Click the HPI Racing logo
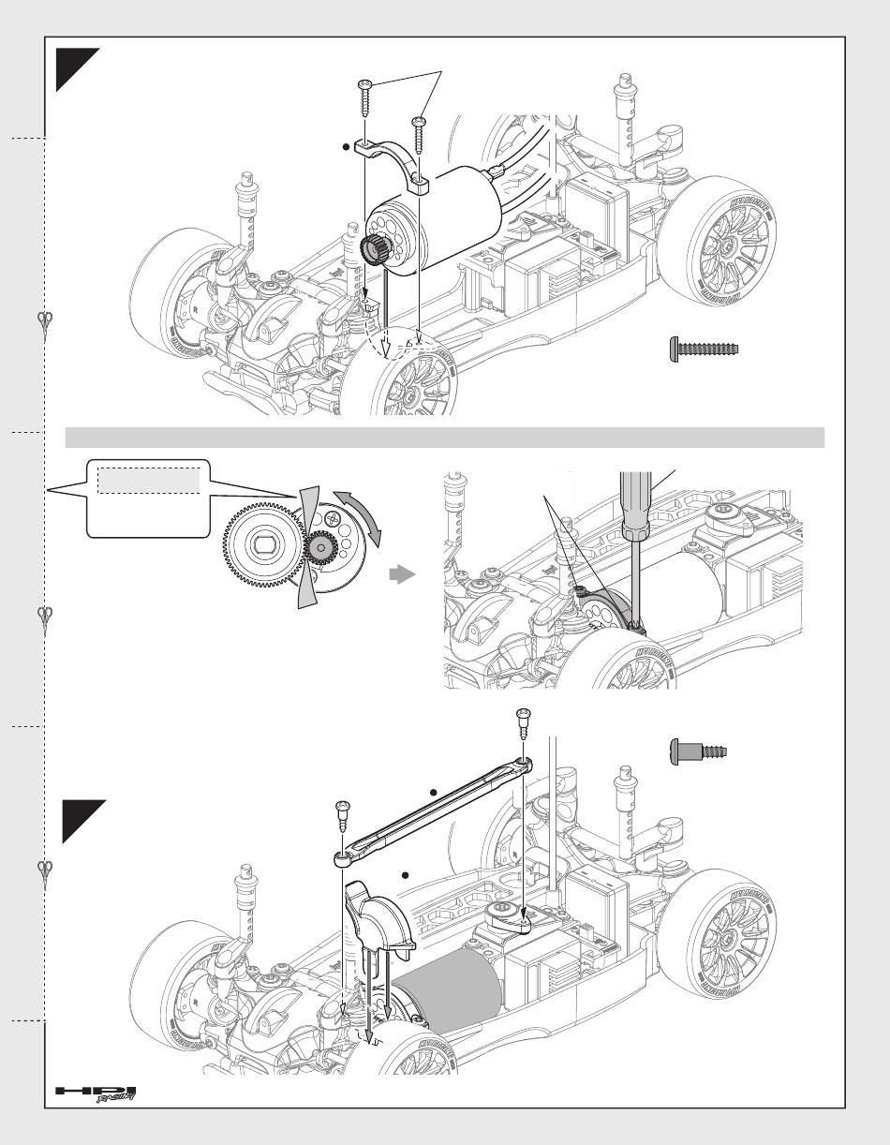pos(96,1093)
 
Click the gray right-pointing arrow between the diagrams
pos(401,575)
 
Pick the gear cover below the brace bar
pos(379,922)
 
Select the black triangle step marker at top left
pos(73,71)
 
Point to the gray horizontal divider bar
pos(444,438)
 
